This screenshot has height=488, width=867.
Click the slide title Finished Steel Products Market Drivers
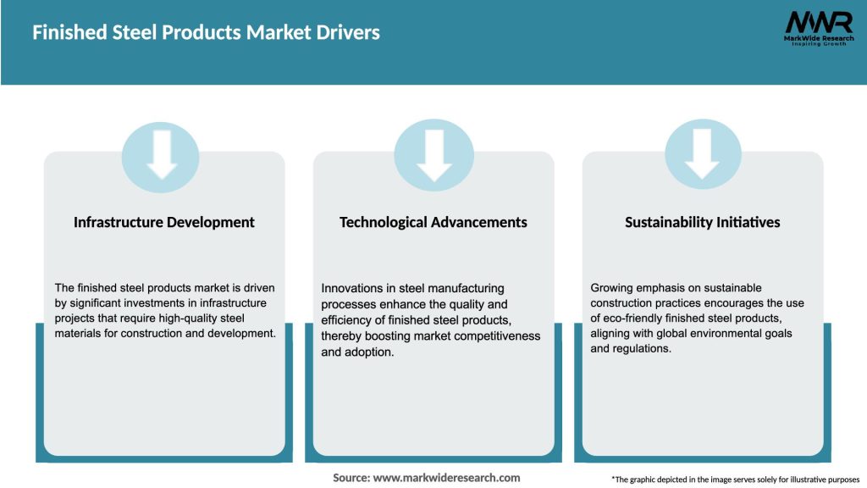206,33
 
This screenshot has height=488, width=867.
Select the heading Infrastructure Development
164,223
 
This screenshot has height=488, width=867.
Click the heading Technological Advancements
433,223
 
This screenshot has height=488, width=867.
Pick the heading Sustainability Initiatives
702,223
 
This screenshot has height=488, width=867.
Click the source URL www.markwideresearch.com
446,478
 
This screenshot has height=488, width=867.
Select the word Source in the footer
350,478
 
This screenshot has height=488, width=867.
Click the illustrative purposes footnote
735,480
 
